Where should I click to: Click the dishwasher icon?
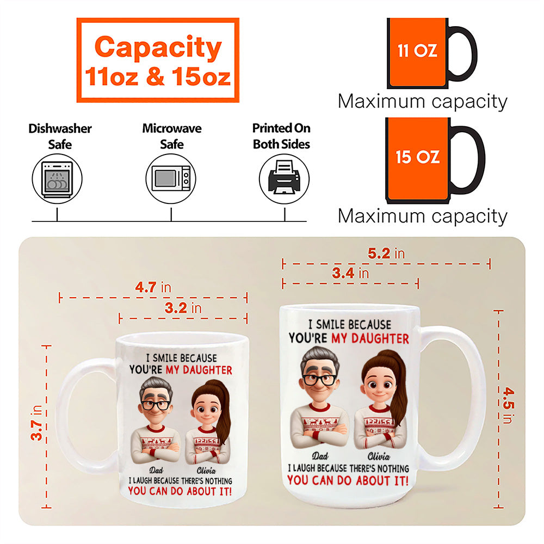(x=57, y=179)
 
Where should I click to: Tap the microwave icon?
(x=171, y=178)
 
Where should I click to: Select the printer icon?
(x=284, y=178)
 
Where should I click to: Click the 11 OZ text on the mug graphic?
(x=417, y=51)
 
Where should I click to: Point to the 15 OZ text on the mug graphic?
(x=418, y=157)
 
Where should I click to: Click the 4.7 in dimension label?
(x=153, y=287)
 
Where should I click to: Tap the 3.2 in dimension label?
(x=183, y=308)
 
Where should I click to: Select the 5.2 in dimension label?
(x=386, y=254)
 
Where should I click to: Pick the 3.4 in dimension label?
(x=350, y=273)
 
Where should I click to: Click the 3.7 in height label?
(x=37, y=422)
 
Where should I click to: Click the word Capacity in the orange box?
(x=158, y=48)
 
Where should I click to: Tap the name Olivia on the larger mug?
(x=379, y=456)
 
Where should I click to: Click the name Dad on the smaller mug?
(x=156, y=470)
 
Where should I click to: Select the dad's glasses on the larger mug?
(x=319, y=380)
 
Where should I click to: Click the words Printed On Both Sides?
(x=281, y=136)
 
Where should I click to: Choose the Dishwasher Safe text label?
(x=60, y=137)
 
